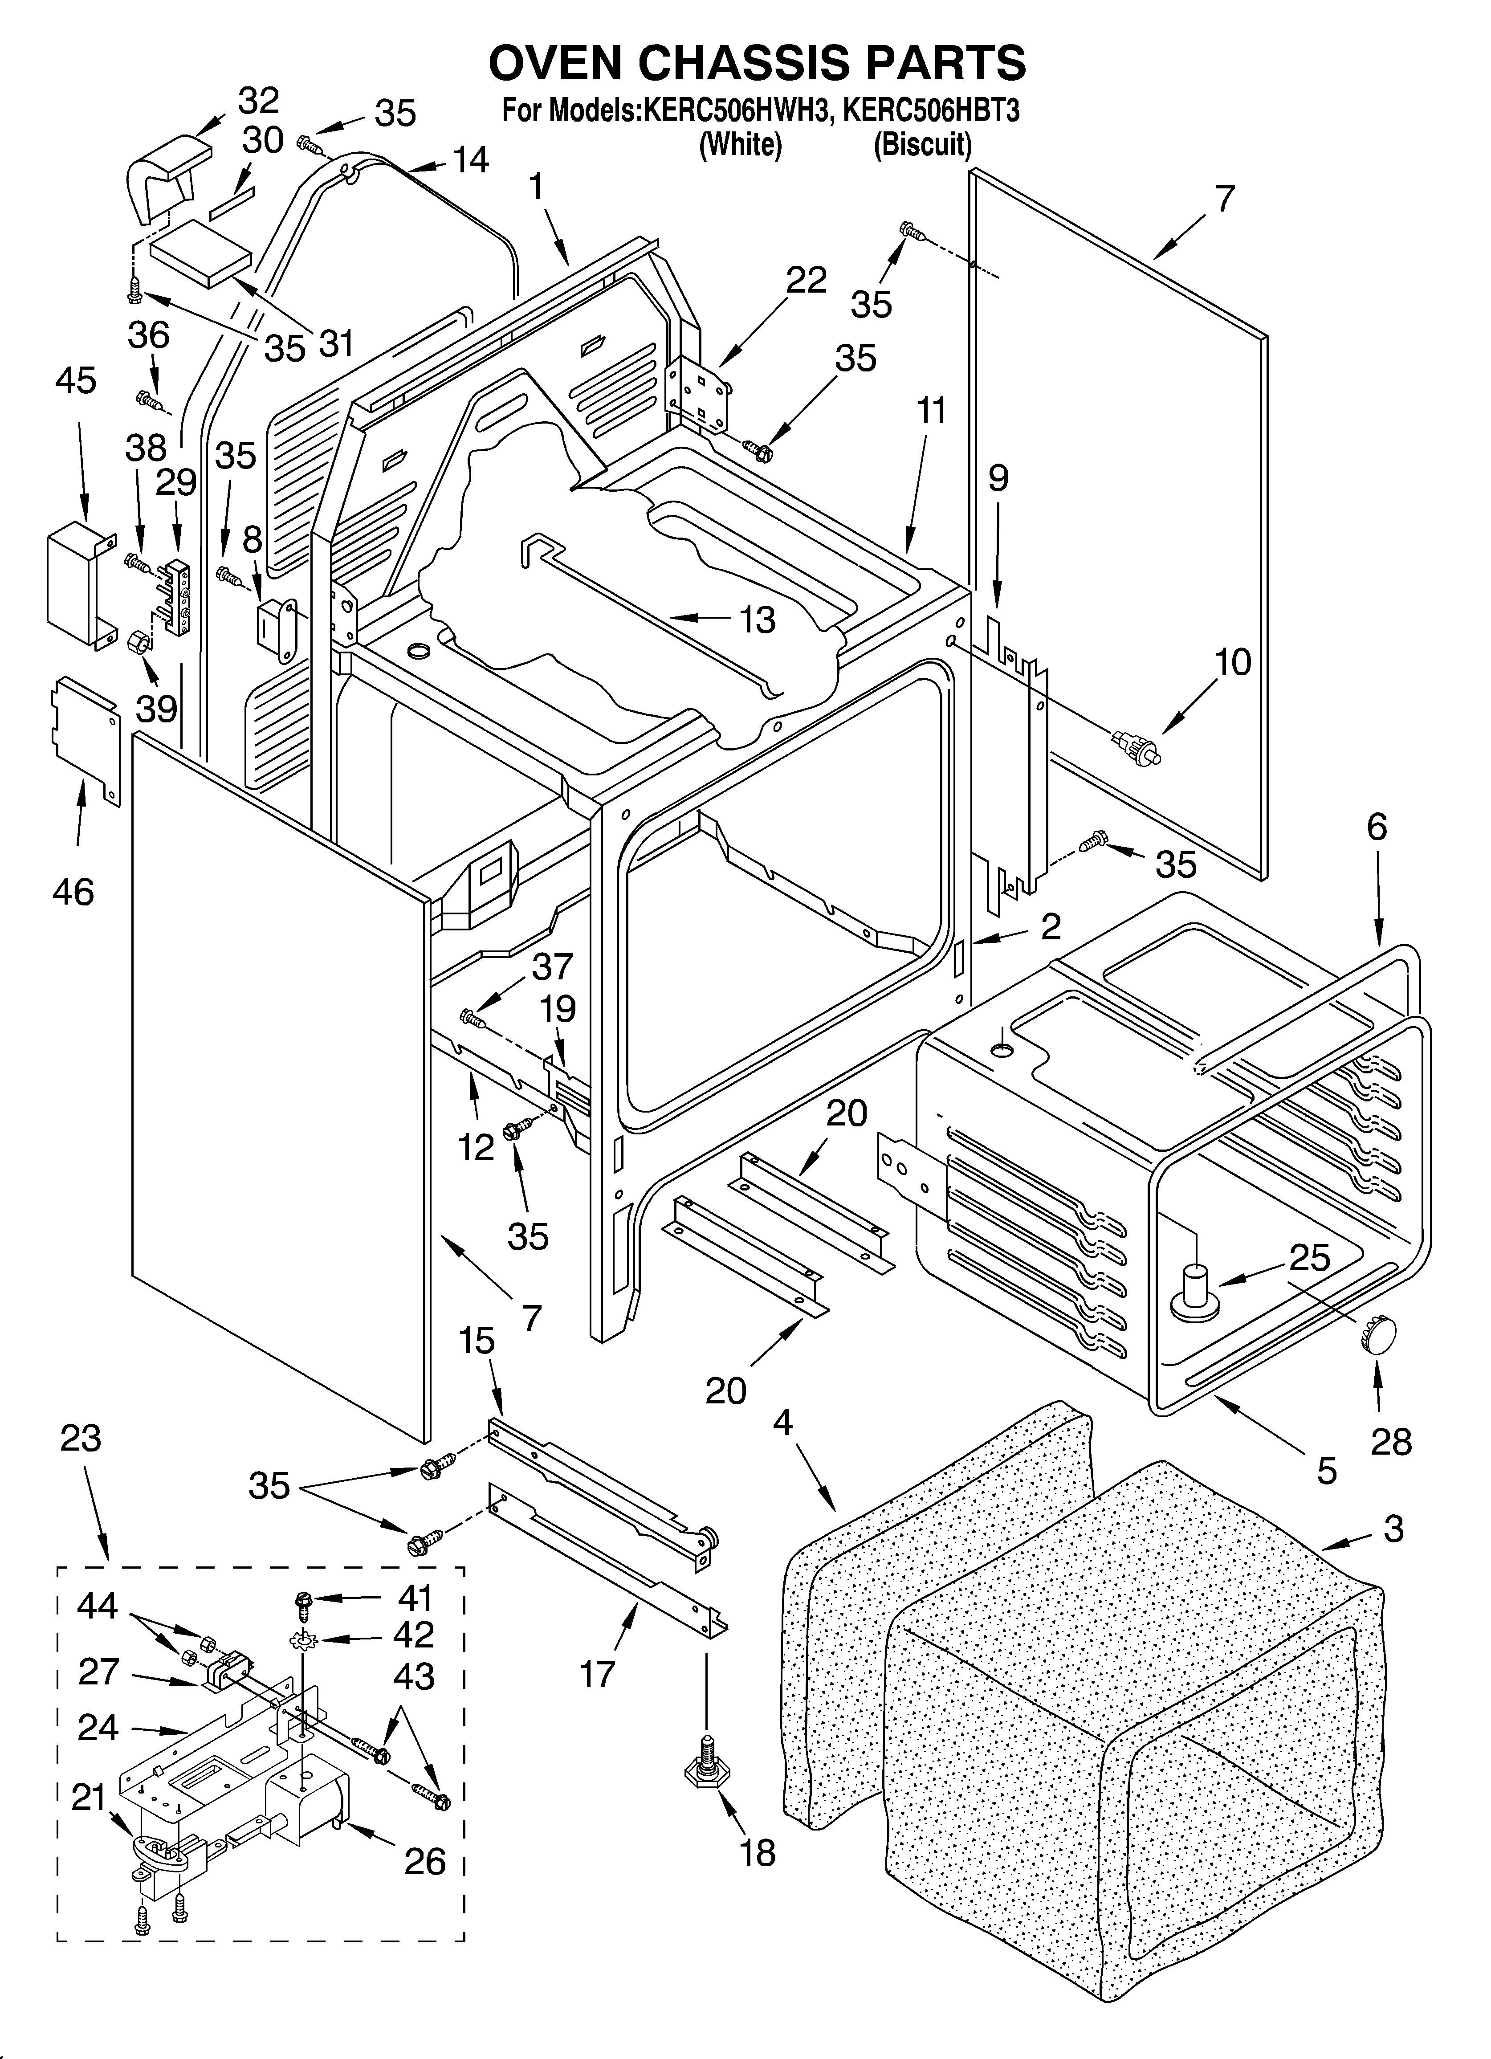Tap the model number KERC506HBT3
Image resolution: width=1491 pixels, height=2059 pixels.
(931, 112)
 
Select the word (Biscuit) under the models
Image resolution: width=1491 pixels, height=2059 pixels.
(923, 145)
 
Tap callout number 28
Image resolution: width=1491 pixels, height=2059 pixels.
(1391, 1442)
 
